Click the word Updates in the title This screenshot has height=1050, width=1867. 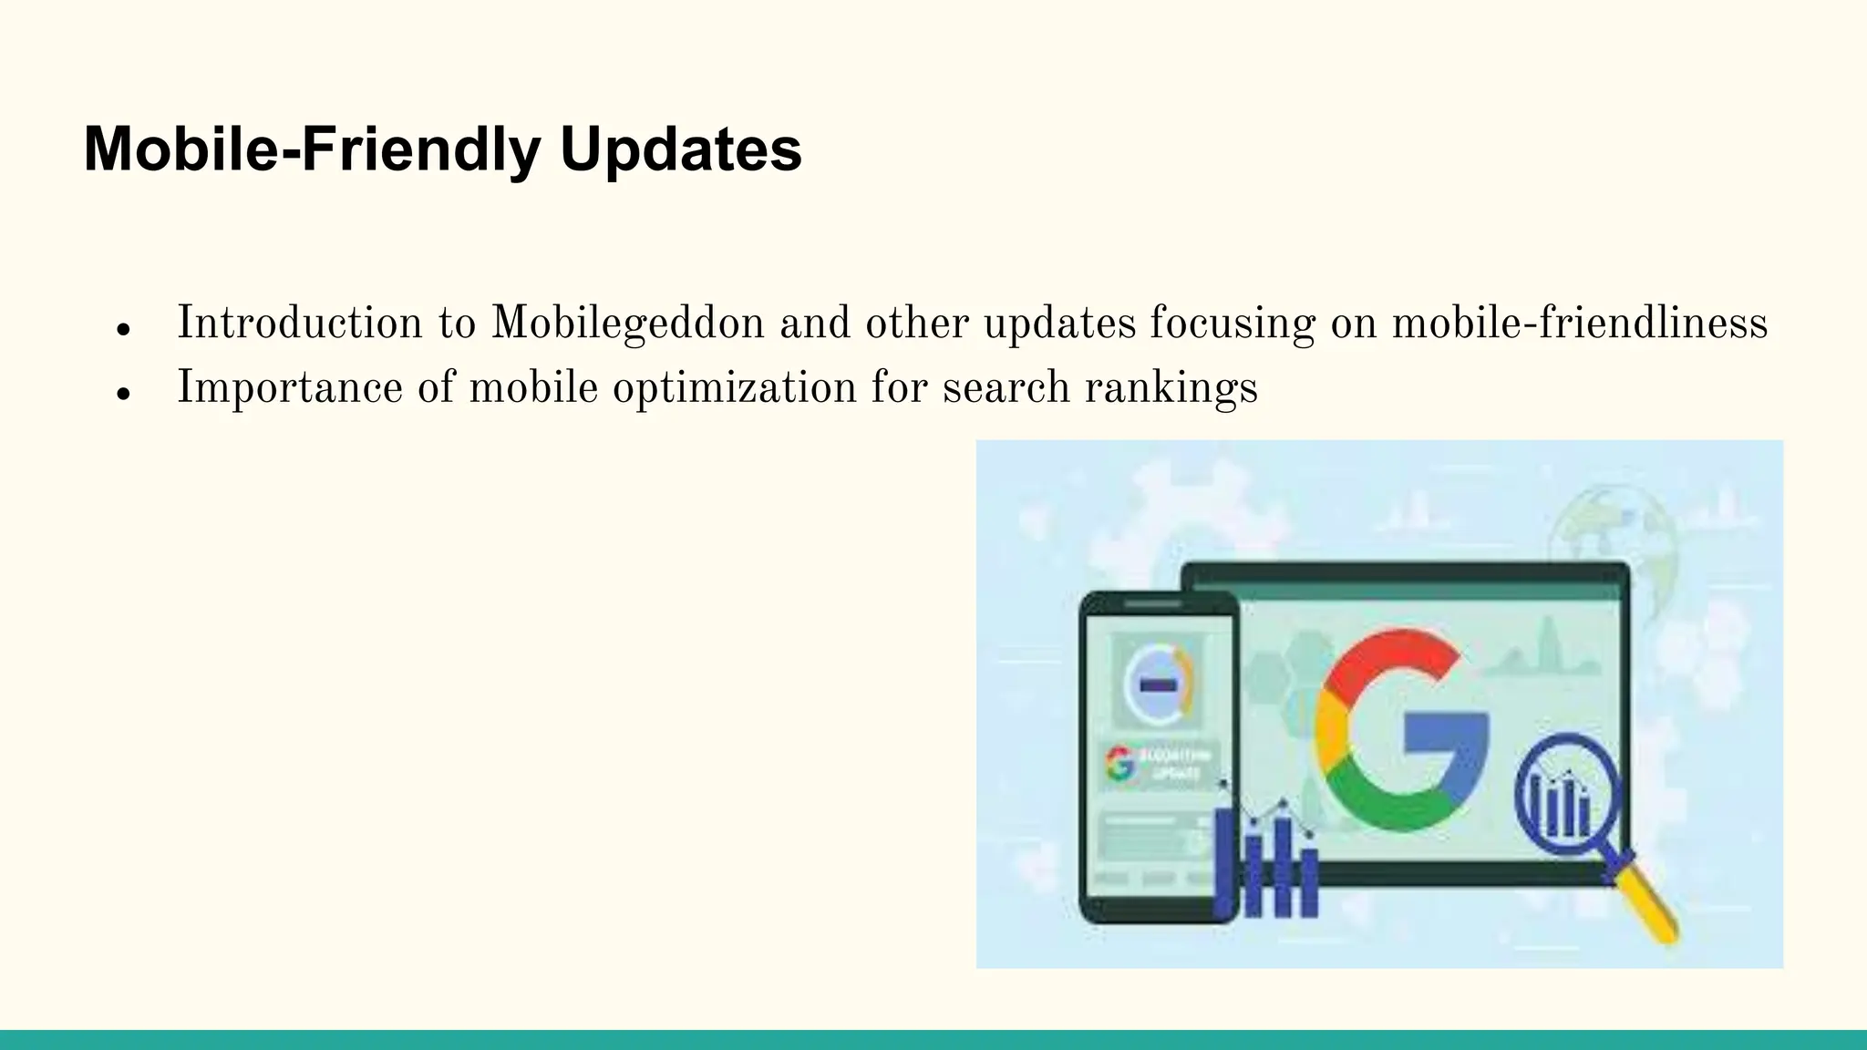tap(680, 149)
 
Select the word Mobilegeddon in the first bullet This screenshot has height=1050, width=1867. tap(627, 324)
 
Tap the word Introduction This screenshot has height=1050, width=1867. tap(299, 324)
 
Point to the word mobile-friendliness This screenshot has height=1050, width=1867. tap(1579, 324)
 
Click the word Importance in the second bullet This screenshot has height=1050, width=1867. tap(289, 387)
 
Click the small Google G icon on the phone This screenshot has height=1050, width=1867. tap(1120, 764)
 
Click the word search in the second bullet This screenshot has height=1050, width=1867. tap(1006, 387)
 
